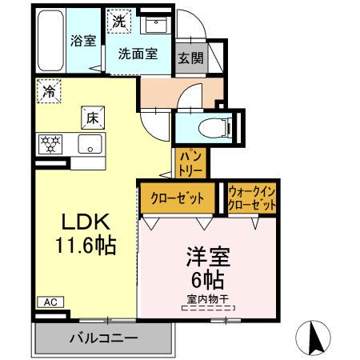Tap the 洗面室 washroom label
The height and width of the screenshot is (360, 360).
click(x=138, y=54)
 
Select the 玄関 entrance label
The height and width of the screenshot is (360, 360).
click(x=190, y=58)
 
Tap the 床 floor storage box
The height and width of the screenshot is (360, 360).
click(x=93, y=118)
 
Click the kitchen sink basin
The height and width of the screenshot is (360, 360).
click(x=90, y=146)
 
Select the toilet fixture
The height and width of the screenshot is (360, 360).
click(x=214, y=126)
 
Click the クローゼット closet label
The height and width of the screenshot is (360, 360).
click(x=177, y=198)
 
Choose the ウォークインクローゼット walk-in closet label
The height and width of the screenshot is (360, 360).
click(x=252, y=198)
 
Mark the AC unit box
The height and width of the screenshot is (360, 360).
click(x=49, y=302)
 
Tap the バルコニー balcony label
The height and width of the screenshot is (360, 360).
click(x=102, y=337)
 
